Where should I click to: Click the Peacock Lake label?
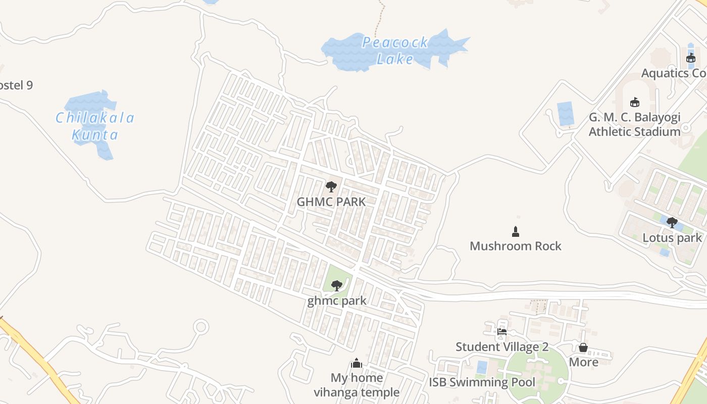(x=395, y=50)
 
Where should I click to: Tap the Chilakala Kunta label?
(x=95, y=126)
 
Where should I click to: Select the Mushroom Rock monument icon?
(x=515, y=232)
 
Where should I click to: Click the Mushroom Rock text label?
(x=515, y=246)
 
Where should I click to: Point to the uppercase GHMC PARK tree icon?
(x=331, y=187)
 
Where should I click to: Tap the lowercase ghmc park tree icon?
(x=336, y=286)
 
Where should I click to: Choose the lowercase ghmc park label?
(x=337, y=301)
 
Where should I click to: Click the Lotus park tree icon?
(x=672, y=222)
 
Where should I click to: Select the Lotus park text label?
(x=672, y=238)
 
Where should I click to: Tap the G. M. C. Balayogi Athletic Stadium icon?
(x=634, y=102)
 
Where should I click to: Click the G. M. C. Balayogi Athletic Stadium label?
(x=634, y=125)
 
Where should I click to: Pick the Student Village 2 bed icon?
(x=502, y=332)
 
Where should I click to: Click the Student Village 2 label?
(x=502, y=347)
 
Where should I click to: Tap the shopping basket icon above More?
(x=583, y=347)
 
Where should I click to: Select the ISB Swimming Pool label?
(x=482, y=382)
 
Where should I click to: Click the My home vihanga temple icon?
(x=357, y=363)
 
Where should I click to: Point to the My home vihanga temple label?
(x=357, y=385)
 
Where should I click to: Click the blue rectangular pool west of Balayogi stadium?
(x=565, y=114)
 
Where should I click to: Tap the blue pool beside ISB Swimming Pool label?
(x=482, y=367)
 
